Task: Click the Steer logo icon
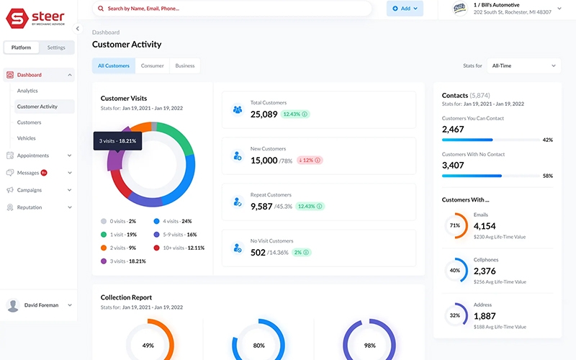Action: pyautogui.click(x=16, y=18)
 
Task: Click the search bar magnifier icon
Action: pyautogui.click(x=100, y=9)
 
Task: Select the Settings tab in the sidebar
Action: pyautogui.click(x=56, y=48)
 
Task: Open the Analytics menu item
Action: pyautogui.click(x=27, y=91)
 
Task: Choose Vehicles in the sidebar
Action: pyautogui.click(x=26, y=138)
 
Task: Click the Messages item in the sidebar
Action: pyautogui.click(x=27, y=173)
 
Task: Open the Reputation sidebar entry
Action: pyautogui.click(x=30, y=207)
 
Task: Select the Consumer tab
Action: pyautogui.click(x=152, y=66)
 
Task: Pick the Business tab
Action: pyautogui.click(x=185, y=66)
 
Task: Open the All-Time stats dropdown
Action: pyautogui.click(x=523, y=66)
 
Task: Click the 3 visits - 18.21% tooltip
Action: pyautogui.click(x=117, y=141)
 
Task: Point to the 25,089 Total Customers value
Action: pyautogui.click(x=264, y=114)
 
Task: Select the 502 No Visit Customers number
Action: pyautogui.click(x=258, y=252)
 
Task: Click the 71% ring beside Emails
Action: pyautogui.click(x=455, y=225)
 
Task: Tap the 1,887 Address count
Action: pyautogui.click(x=484, y=316)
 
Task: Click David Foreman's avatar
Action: pyautogui.click(x=13, y=305)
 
